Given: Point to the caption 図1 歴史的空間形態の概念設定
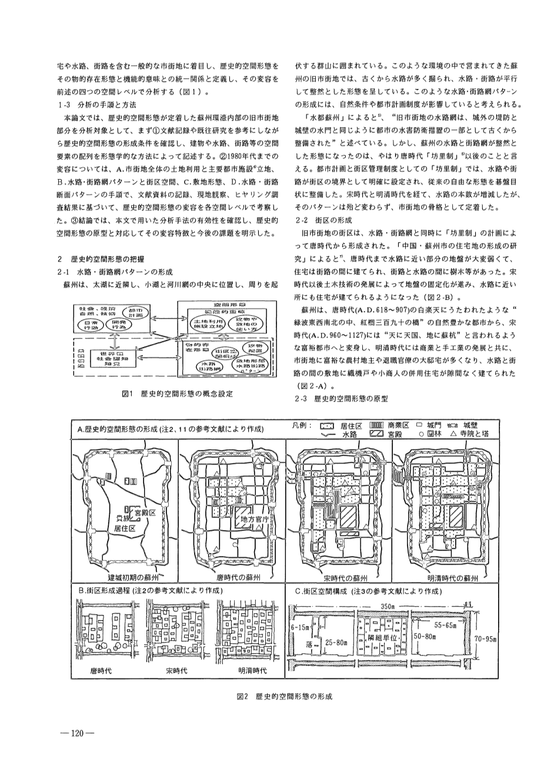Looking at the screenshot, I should coord(174,393).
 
